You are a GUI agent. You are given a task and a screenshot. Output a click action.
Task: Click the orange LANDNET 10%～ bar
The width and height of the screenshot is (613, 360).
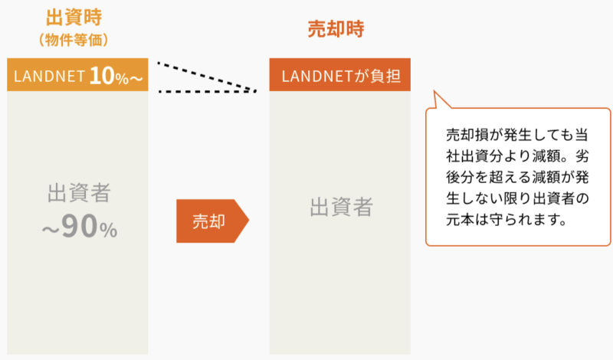[77, 75]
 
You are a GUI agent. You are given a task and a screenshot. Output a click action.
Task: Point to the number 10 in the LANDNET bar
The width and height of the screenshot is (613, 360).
[100, 75]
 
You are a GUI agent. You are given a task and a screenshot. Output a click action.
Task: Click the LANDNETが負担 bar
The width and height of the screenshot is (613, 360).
[340, 75]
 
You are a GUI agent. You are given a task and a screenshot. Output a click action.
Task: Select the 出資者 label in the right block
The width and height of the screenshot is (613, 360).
[340, 207]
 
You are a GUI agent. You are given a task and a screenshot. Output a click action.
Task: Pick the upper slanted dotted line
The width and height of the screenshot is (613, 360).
[205, 77]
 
